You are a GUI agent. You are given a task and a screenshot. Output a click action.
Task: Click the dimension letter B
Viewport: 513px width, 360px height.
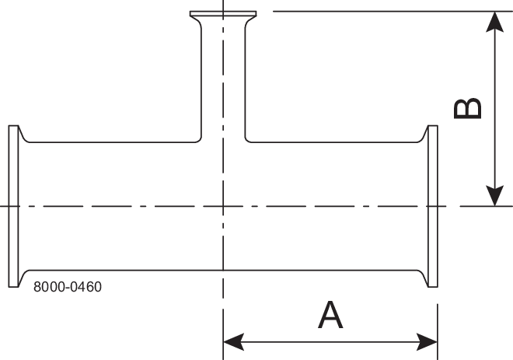coord(468,108)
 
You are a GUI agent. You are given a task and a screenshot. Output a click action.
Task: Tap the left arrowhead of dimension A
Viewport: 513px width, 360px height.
coord(232,341)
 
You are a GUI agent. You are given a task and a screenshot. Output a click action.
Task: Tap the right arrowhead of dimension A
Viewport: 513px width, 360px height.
coord(428,341)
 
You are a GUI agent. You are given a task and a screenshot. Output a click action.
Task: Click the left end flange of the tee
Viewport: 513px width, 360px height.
coord(13,206)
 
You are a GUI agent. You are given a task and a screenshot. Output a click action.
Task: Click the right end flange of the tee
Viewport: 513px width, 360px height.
coord(433,206)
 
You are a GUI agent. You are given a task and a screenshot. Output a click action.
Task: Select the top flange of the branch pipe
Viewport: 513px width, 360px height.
coord(223,15)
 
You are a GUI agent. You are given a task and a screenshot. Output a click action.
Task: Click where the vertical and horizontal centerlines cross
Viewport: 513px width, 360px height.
coord(223,206)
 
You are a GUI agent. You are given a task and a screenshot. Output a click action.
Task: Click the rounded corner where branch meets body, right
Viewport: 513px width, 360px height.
coord(248,140)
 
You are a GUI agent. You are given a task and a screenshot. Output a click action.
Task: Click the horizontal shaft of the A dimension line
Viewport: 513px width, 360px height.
coord(330,341)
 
